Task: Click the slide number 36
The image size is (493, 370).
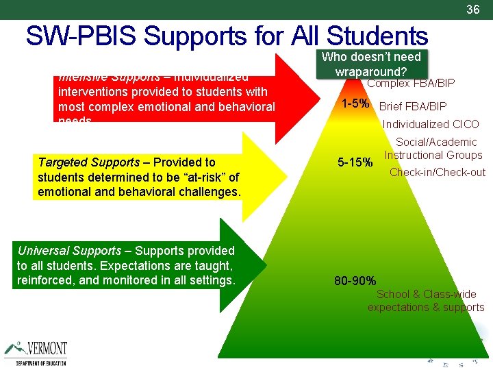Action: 472,10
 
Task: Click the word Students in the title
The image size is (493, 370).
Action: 377,36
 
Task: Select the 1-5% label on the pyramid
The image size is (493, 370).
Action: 356,105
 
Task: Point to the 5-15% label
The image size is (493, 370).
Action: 356,163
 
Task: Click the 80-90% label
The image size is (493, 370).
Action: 355,280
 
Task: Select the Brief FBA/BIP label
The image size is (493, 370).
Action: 412,106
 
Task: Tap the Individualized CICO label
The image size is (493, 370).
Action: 431,125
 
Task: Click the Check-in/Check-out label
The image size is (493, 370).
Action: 437,173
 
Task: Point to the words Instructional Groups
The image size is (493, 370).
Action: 433,156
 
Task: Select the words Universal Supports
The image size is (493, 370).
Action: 67,251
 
